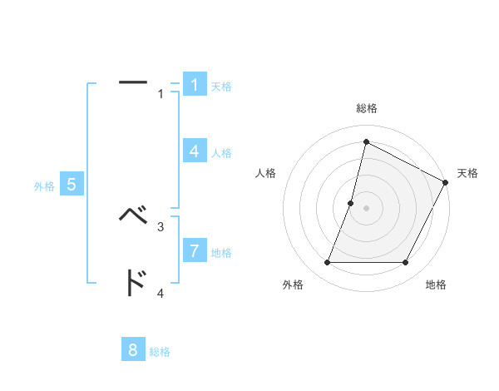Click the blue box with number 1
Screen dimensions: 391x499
[x=194, y=85]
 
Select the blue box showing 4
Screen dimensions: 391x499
[x=194, y=151]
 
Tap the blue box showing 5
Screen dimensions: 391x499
[x=71, y=185]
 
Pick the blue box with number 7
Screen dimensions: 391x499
[x=194, y=250]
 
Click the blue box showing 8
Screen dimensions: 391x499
[x=133, y=349]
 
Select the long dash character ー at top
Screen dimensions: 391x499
[x=133, y=82]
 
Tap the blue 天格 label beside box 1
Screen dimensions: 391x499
[x=221, y=87]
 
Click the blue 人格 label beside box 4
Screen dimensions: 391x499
[x=221, y=153]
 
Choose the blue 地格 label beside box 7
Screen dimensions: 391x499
[x=221, y=252]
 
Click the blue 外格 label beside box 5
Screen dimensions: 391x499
[x=44, y=186]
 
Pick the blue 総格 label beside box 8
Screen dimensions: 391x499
[x=160, y=352]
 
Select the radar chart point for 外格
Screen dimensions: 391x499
[x=327, y=263]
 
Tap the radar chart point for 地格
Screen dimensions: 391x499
[x=406, y=263]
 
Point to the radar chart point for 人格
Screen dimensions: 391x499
[x=351, y=203]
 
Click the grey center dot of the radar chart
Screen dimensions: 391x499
[x=366, y=208]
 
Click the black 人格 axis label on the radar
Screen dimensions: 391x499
[x=266, y=173]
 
